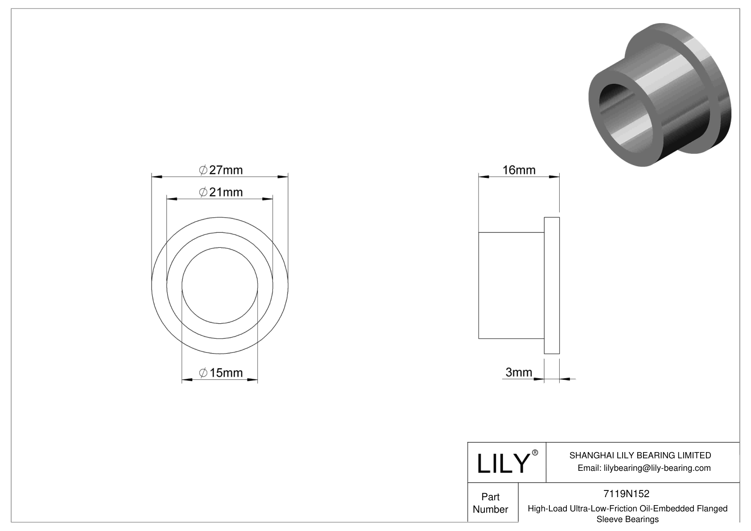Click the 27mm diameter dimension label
click(x=221, y=170)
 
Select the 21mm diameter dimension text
click(x=221, y=192)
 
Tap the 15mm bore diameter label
click(x=221, y=373)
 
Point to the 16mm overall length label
click(x=519, y=170)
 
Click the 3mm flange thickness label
click(x=519, y=372)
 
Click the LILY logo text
click(x=503, y=464)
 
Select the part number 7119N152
click(x=626, y=494)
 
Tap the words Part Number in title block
click(x=491, y=503)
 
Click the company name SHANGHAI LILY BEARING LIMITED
click(x=640, y=455)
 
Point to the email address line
click(x=644, y=468)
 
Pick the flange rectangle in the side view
click(x=552, y=285)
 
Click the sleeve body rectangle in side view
click(x=511, y=285)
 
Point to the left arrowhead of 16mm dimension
click(x=483, y=177)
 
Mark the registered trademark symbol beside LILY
click(x=535, y=453)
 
